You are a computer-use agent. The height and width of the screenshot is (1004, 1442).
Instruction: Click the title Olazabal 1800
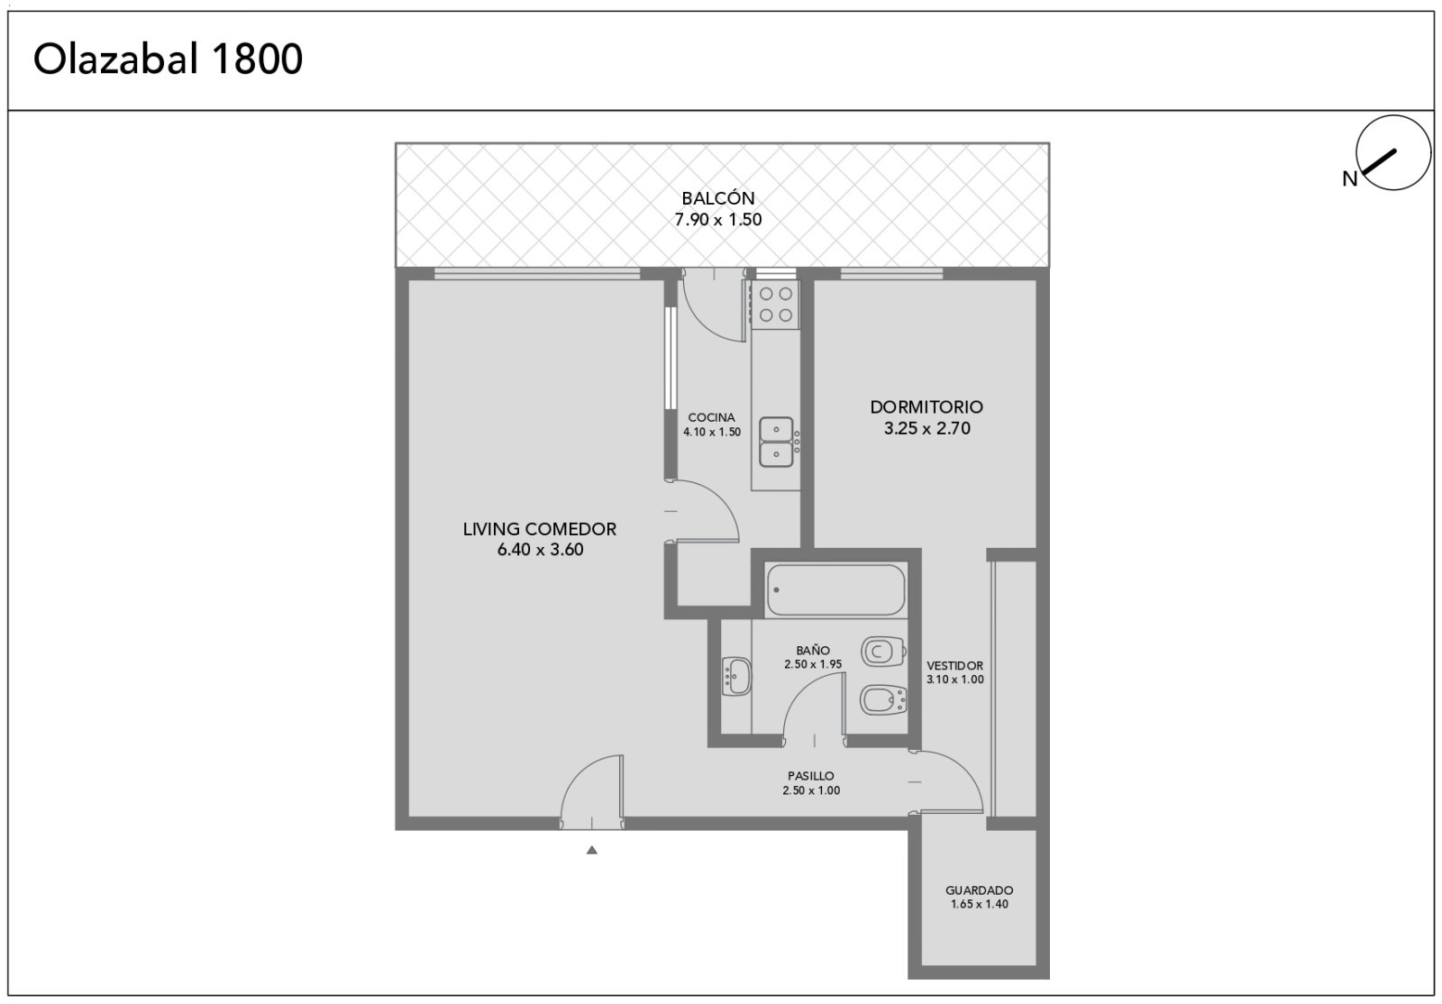(168, 59)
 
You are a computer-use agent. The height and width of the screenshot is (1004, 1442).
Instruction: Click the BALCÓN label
(718, 198)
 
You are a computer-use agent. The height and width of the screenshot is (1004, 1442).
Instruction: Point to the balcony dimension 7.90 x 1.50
(718, 220)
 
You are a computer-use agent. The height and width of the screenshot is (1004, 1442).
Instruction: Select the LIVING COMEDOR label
(540, 529)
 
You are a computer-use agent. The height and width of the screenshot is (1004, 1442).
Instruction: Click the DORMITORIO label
(926, 406)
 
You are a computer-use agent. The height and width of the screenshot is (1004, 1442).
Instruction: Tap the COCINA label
(711, 417)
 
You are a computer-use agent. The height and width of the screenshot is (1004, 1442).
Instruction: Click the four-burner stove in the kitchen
(776, 305)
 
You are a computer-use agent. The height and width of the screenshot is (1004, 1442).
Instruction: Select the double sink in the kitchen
(776, 442)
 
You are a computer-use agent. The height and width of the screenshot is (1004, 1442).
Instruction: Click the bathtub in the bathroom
(835, 590)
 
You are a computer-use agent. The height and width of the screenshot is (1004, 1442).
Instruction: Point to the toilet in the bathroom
(883, 652)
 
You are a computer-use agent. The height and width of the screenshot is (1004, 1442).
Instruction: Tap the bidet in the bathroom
(883, 699)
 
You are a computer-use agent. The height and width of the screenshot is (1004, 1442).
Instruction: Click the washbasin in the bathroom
(736, 677)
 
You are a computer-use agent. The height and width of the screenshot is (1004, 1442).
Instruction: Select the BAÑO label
(812, 651)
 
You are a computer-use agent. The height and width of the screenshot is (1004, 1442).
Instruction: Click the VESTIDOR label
(954, 666)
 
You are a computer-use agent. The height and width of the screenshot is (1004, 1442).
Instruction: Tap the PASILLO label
(811, 776)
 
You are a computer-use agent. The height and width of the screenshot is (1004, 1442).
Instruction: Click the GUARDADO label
(979, 890)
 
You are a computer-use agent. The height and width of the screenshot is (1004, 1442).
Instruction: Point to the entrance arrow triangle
(591, 850)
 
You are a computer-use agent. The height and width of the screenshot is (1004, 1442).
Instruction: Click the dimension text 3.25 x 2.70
(927, 429)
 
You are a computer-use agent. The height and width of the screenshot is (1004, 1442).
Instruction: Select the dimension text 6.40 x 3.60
(540, 550)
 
